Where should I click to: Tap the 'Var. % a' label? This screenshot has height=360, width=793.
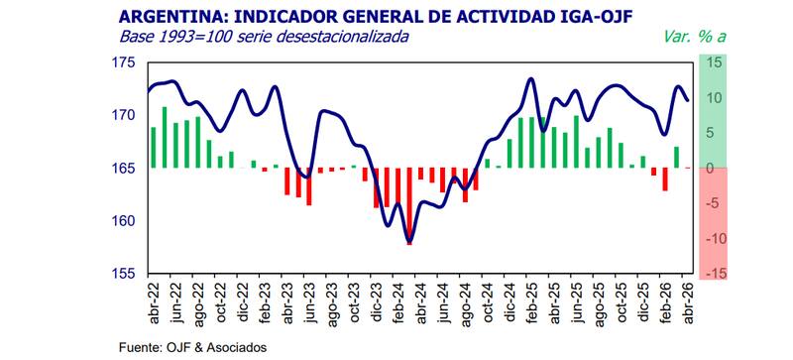pos(698,37)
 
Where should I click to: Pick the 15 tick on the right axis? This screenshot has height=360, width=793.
pos(714,62)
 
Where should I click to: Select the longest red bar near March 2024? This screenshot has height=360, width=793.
pos(409,206)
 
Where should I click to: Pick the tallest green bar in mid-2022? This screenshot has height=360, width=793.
pos(165,137)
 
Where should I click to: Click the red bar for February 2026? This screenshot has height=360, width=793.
pos(665,180)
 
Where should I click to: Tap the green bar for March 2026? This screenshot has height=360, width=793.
pos(676,158)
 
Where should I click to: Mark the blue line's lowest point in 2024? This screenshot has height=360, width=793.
pos(409,242)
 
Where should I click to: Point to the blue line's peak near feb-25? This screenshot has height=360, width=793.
pos(530,79)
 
